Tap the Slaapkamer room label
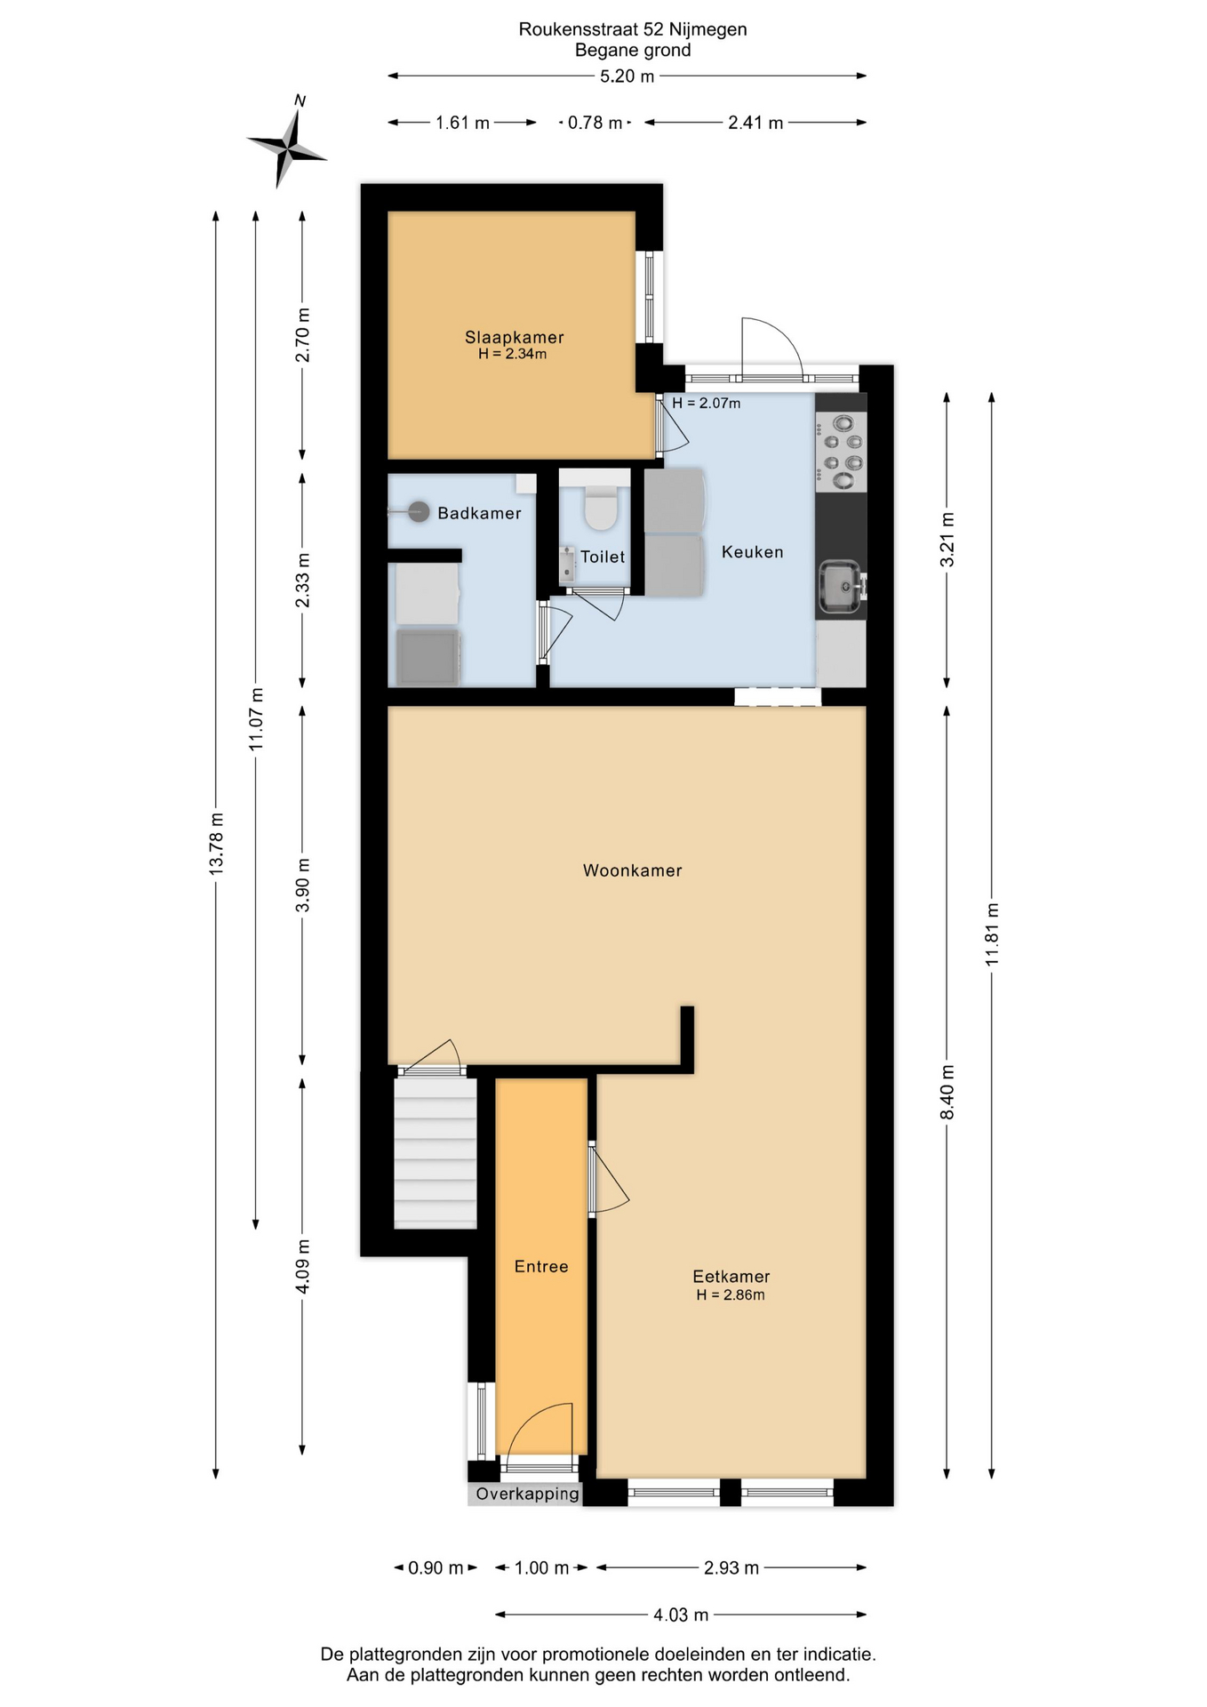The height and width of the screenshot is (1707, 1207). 514,337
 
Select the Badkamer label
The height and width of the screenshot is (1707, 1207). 479,513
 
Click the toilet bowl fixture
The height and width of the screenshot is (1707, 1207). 602,505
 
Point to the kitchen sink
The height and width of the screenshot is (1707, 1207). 839,587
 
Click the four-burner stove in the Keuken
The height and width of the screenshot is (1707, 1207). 841,454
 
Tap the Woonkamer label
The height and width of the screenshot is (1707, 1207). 632,870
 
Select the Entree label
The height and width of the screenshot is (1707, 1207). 540,1266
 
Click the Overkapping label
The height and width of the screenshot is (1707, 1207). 527,1494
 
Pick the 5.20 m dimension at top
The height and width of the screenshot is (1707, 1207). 627,76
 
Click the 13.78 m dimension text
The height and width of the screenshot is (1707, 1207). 216,843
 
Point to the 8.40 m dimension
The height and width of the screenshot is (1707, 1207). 947,1092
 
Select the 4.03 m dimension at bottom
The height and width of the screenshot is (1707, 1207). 681,1615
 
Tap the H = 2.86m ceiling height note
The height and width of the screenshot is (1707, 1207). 730,1294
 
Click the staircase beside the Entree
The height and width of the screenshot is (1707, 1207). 436,1153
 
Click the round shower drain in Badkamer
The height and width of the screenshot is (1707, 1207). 419,511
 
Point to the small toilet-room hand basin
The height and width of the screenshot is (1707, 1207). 567,565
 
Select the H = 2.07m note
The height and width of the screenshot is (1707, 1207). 706,403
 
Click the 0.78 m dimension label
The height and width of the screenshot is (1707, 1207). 595,123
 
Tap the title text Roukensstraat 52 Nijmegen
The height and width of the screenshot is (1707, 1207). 632,29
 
